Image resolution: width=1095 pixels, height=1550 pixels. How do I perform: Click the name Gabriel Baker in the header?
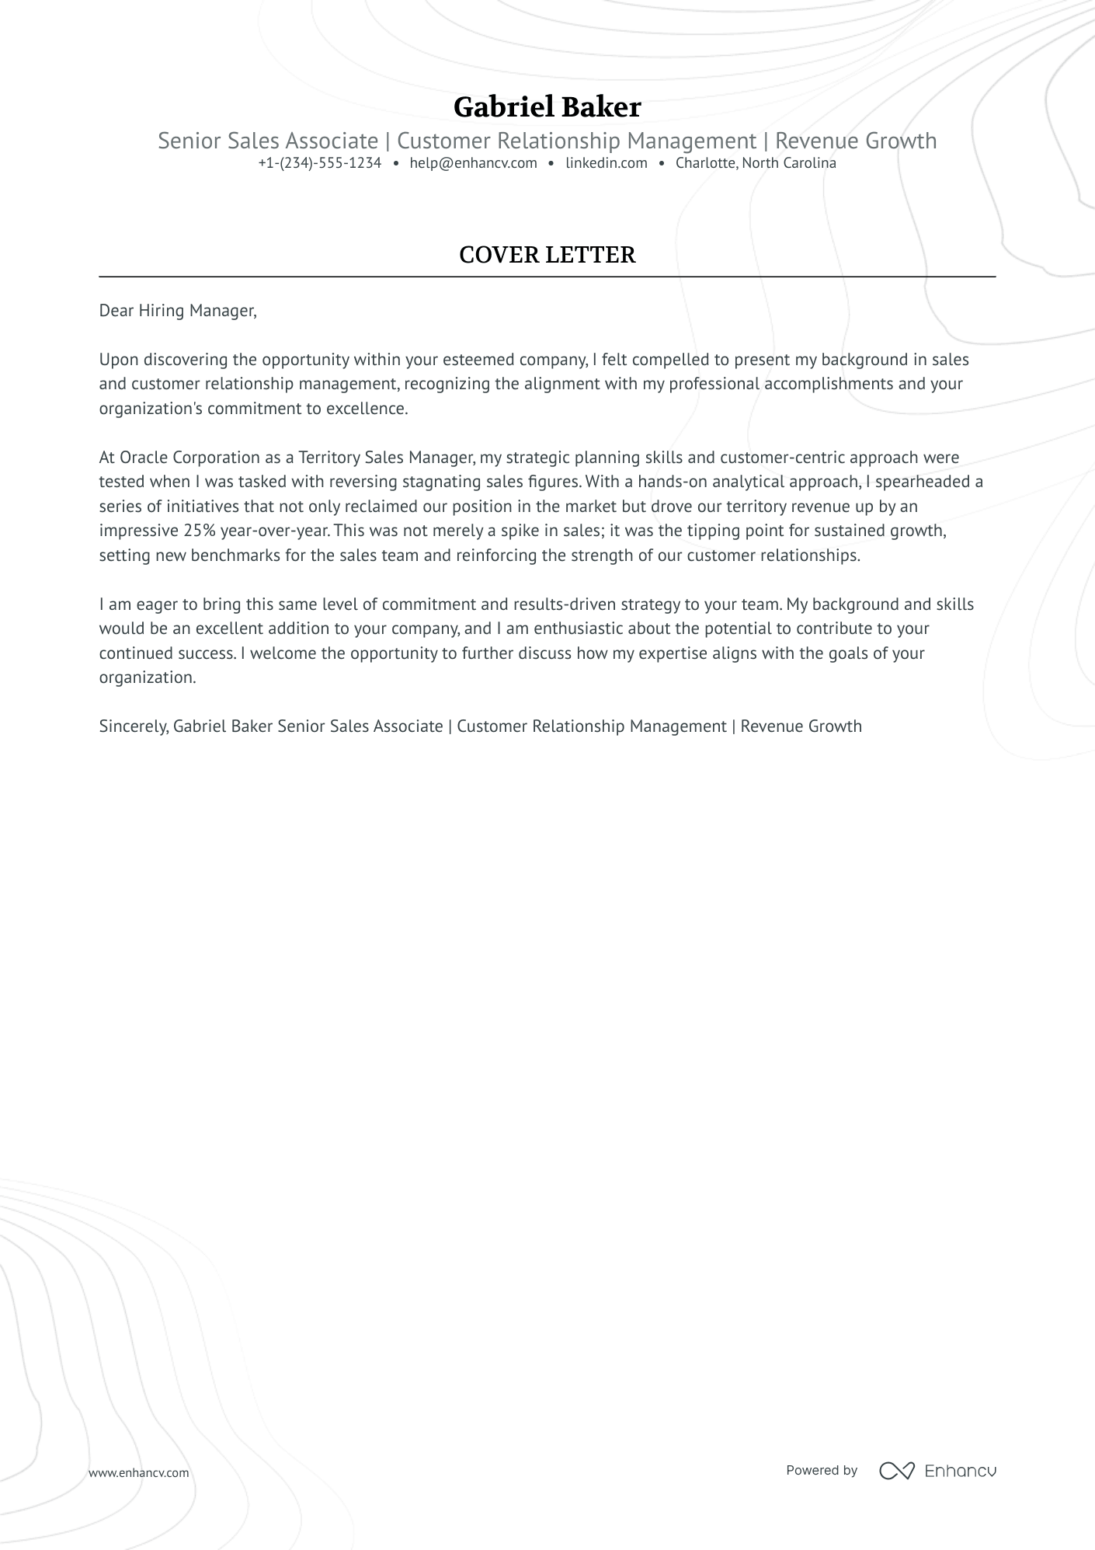click(x=547, y=107)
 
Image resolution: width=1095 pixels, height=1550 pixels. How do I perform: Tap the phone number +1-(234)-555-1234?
click(x=320, y=163)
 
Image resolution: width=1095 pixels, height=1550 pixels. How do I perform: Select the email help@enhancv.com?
click(x=473, y=163)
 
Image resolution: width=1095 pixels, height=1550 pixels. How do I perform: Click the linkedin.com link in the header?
click(x=606, y=163)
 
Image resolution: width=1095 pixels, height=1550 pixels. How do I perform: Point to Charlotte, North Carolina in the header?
click(x=755, y=163)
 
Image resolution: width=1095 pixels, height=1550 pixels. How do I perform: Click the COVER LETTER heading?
click(x=547, y=255)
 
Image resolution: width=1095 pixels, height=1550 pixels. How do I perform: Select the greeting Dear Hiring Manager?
click(x=177, y=311)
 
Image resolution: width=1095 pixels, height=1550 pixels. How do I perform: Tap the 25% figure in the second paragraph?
click(x=200, y=531)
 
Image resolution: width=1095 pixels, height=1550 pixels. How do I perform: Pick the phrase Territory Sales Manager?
click(x=386, y=458)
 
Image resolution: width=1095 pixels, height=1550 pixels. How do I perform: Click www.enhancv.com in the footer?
click(x=138, y=1472)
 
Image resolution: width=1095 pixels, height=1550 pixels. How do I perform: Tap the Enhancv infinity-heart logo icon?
click(x=896, y=1470)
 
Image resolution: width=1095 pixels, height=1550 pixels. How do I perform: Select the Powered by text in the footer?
click(x=821, y=1470)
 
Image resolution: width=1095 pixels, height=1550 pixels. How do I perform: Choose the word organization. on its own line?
click(x=148, y=677)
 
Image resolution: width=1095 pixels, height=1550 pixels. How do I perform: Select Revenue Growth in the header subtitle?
click(x=856, y=141)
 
